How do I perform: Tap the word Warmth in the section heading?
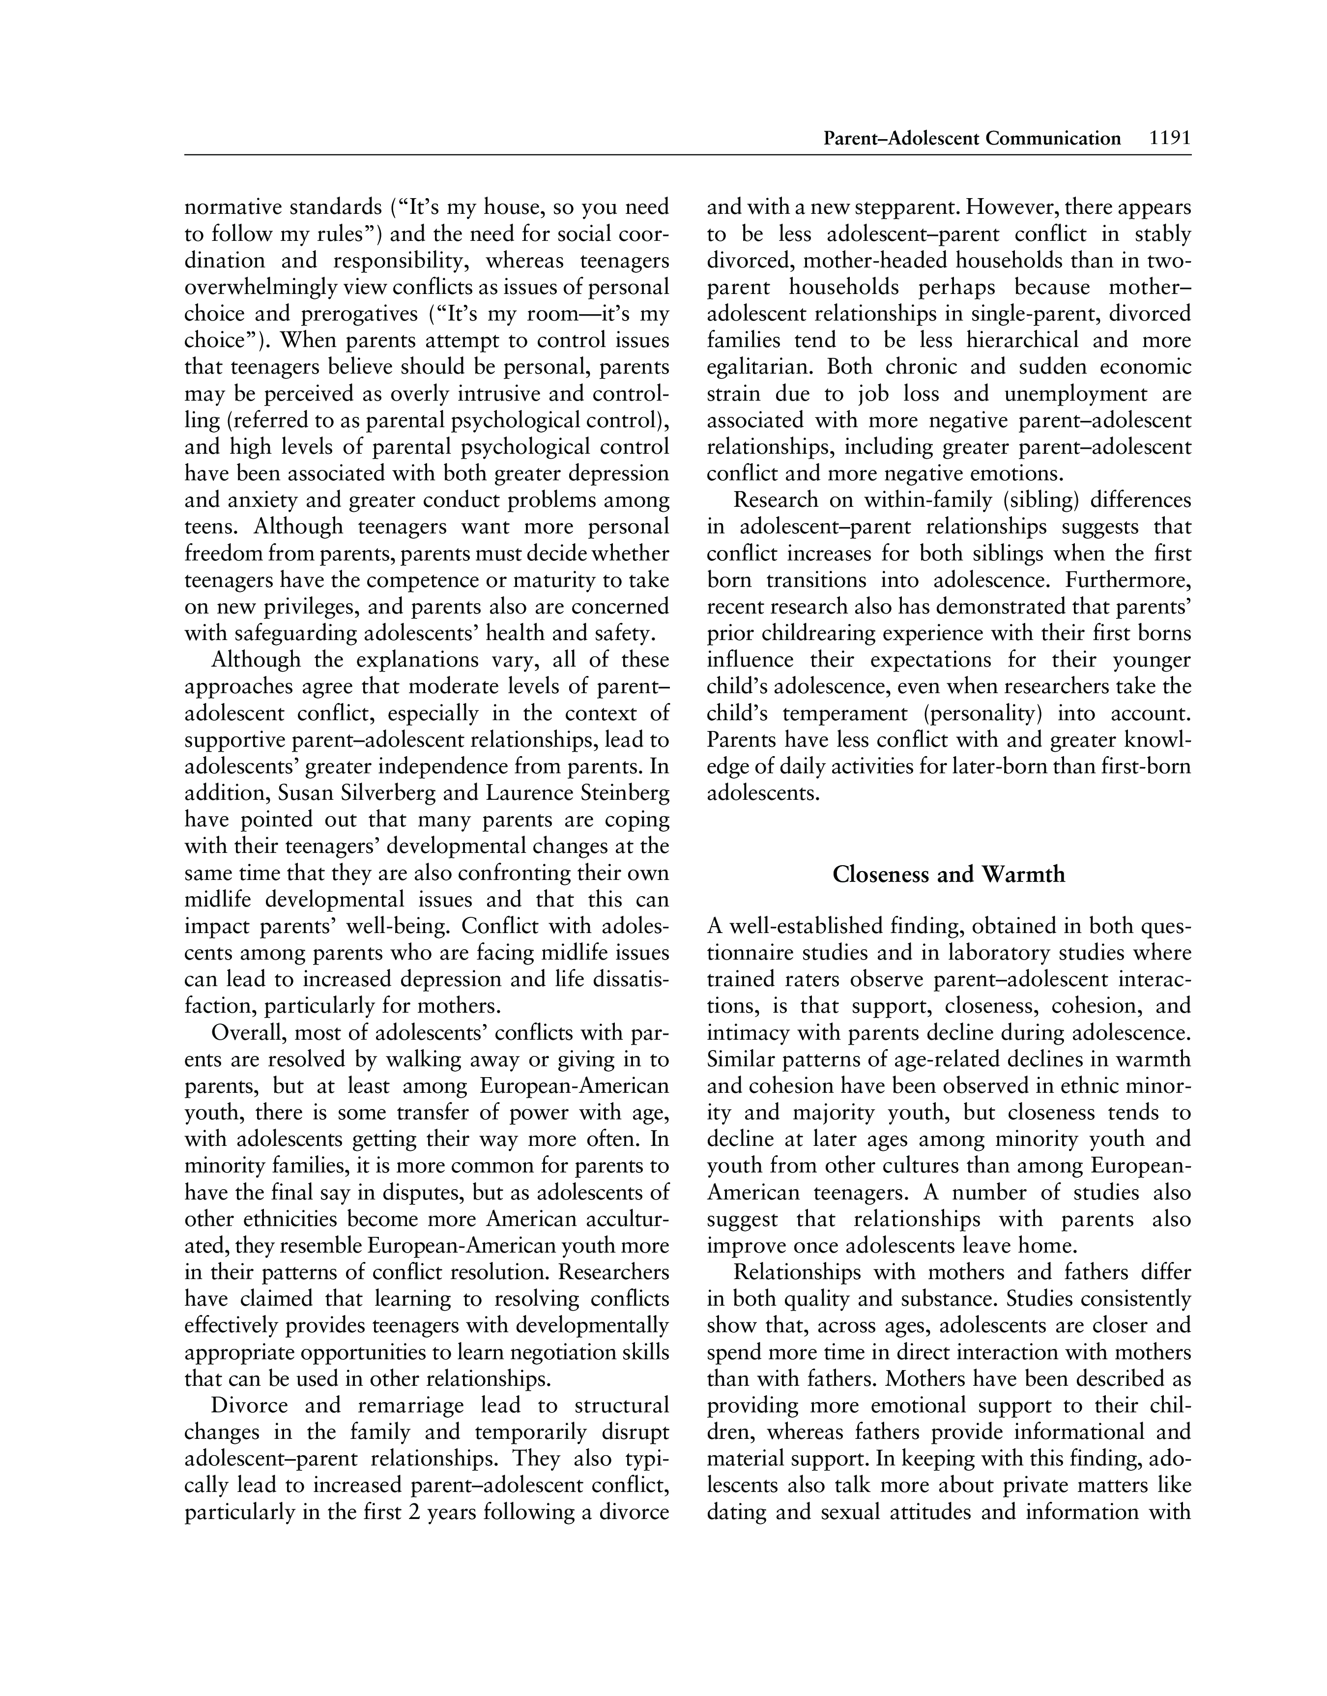click(1023, 875)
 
